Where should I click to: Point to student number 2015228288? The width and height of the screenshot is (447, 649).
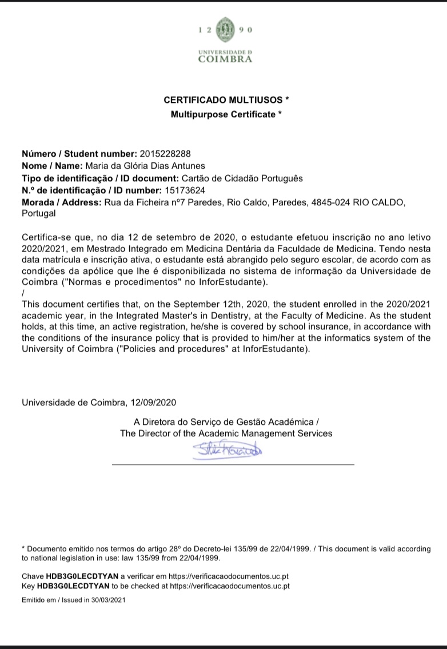pos(165,154)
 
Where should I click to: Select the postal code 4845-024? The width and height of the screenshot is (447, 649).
pos(333,202)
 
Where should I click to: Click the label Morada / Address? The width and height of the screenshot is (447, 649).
pos(61,202)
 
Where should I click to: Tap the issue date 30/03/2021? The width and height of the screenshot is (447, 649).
pos(106,600)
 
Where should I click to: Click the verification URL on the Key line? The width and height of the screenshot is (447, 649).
pos(230,586)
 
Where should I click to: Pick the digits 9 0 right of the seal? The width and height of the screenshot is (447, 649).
pos(246,30)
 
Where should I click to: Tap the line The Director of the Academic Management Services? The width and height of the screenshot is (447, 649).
pos(226,433)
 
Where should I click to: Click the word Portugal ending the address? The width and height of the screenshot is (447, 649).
pos(39,214)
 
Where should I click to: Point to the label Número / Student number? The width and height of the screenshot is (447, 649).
pos(79,154)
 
